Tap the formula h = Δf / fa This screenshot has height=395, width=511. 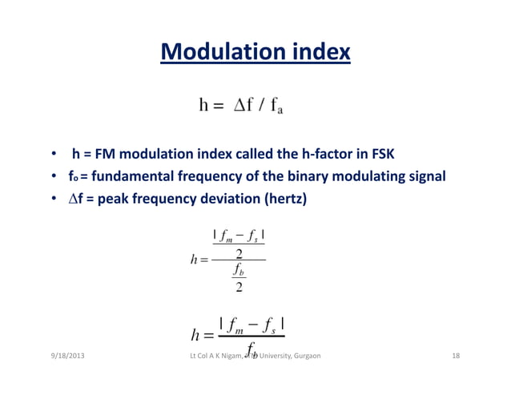pos(240,105)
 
